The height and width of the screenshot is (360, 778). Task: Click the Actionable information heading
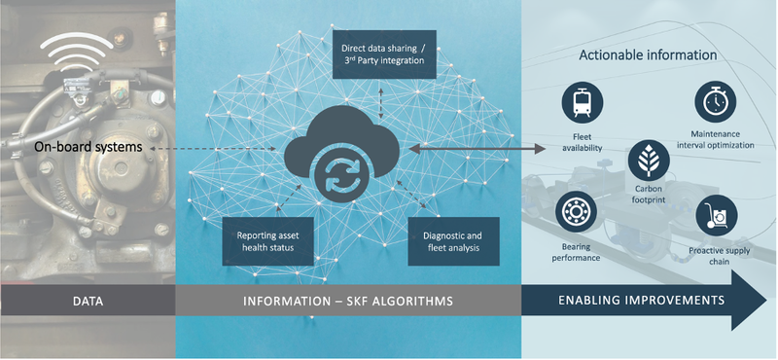pyautogui.click(x=648, y=54)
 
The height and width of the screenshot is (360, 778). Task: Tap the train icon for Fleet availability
pyautogui.click(x=583, y=102)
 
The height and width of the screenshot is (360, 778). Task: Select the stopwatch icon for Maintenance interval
pyautogui.click(x=714, y=102)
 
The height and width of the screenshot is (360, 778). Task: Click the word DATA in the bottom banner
pyautogui.click(x=87, y=302)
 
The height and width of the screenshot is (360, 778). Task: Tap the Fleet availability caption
pyautogui.click(x=583, y=143)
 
